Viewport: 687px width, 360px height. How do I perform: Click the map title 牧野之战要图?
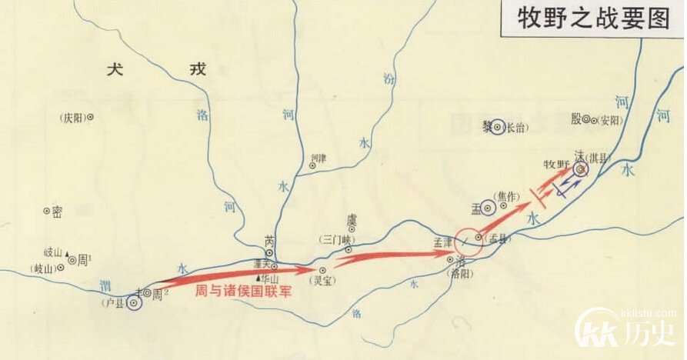tap(592, 18)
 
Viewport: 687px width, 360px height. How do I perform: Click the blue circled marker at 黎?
tap(498, 128)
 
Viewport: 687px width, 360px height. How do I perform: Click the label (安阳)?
tap(607, 120)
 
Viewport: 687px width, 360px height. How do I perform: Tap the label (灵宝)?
tap(322, 282)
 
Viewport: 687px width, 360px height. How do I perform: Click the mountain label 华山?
tap(269, 278)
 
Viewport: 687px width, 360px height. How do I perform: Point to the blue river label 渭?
tap(106, 285)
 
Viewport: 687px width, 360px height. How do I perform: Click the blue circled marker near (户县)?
tap(135, 304)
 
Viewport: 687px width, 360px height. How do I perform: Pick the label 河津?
tap(318, 159)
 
